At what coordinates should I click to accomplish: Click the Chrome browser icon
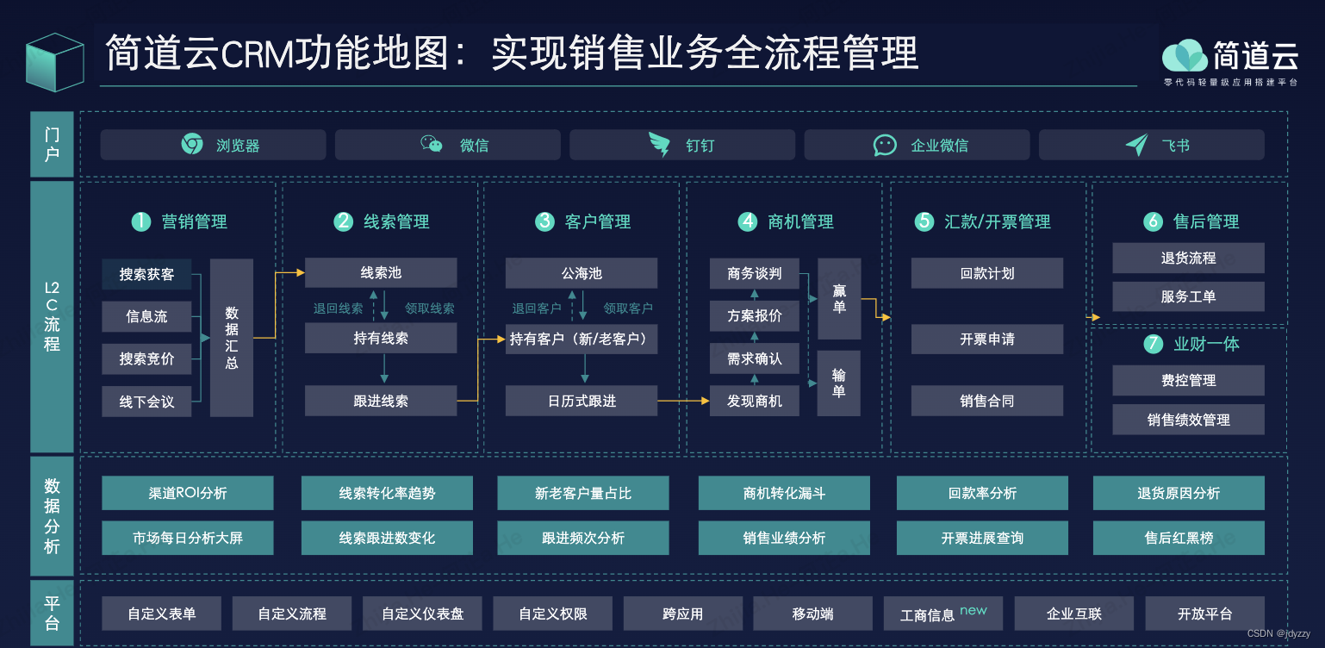tap(192, 145)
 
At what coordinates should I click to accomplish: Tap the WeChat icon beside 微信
tap(432, 145)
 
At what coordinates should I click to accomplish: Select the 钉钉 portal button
tap(682, 145)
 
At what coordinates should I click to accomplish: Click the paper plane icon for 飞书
tap(1136, 145)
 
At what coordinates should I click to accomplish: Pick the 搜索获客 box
tap(146, 274)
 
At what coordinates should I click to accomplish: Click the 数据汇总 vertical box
tap(232, 338)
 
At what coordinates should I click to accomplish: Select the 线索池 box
tap(381, 273)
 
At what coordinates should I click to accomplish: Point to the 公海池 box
tap(582, 273)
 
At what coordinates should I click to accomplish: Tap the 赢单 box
tap(839, 299)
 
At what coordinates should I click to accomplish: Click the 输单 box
tap(839, 383)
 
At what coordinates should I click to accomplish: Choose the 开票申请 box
tap(987, 339)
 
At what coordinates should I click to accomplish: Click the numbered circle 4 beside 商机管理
tap(747, 221)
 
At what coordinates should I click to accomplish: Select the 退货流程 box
tap(1188, 258)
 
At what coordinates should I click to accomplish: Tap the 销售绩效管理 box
tap(1188, 420)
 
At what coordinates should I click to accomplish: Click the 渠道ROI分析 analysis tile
tap(188, 493)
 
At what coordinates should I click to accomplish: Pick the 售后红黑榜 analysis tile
tap(1179, 538)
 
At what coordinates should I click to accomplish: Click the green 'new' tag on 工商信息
tap(974, 610)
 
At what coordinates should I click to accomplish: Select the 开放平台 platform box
tap(1204, 614)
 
